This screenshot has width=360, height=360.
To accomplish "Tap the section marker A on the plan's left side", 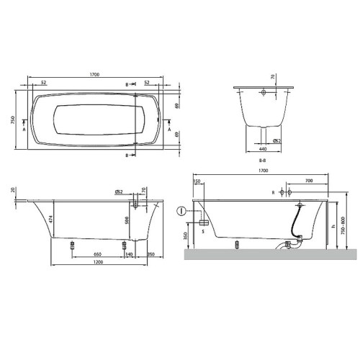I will click(26, 130).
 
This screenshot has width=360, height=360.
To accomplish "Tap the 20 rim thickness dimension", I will click(14, 190).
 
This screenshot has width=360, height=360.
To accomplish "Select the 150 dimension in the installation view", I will click(196, 180).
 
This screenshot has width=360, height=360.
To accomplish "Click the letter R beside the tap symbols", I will click(274, 193).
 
